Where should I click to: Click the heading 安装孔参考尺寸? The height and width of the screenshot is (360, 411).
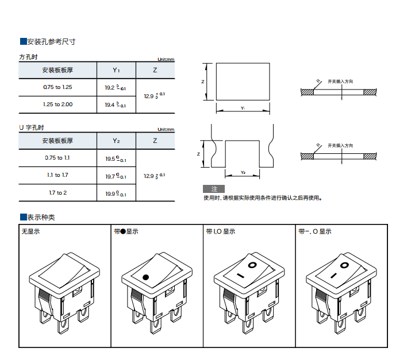pos(51,42)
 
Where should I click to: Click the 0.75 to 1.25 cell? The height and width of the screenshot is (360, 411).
pos(57,87)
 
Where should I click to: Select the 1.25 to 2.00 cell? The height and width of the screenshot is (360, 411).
pos(57,104)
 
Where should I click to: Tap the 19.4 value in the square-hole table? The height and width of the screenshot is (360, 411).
pos(115,105)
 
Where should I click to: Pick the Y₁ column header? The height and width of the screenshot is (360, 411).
pos(116,70)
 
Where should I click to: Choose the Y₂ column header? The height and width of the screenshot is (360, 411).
pos(116,141)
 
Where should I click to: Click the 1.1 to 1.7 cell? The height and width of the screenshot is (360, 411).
pos(57,175)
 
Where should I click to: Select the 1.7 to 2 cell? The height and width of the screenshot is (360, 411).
pos(57,192)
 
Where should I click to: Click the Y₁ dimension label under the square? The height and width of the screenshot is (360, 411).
pos(243,108)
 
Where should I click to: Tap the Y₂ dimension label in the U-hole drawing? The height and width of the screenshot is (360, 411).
pos(243,172)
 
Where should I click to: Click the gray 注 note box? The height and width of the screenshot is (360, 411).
pos(214,189)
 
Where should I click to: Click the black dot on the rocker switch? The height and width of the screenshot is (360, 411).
pos(146,277)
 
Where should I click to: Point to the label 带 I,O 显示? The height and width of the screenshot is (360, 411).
pos(221,232)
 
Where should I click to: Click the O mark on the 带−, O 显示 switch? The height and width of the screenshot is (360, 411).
pos(343,265)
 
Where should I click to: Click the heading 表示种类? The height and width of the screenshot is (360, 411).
pos(41,218)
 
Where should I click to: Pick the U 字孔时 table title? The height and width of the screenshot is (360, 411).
pos(32,127)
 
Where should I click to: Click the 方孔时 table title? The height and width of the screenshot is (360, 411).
pos(29,57)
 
